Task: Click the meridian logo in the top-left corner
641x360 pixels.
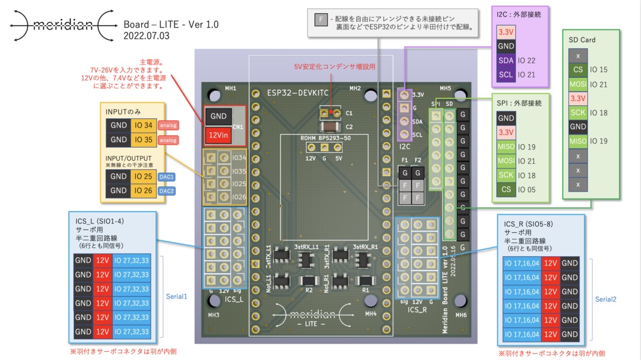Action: tap(61, 25)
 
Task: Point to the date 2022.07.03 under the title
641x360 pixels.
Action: tap(146, 36)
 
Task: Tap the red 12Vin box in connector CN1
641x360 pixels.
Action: tap(218, 134)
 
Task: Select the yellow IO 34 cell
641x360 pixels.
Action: tap(144, 125)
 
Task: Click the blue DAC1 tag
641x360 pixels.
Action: tap(167, 177)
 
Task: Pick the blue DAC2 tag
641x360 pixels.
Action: tap(167, 191)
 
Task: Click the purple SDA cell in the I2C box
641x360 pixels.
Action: tap(506, 61)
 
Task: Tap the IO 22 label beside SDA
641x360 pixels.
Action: tap(526, 61)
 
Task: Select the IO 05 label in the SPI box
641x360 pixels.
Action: tap(527, 190)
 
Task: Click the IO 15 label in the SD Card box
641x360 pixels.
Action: tap(598, 70)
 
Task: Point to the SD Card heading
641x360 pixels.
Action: tap(582, 40)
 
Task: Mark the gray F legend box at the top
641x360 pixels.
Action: tap(321, 19)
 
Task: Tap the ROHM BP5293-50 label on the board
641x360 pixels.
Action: tap(324, 138)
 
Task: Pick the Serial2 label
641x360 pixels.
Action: tap(605, 299)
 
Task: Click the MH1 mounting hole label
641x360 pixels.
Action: tap(230, 89)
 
